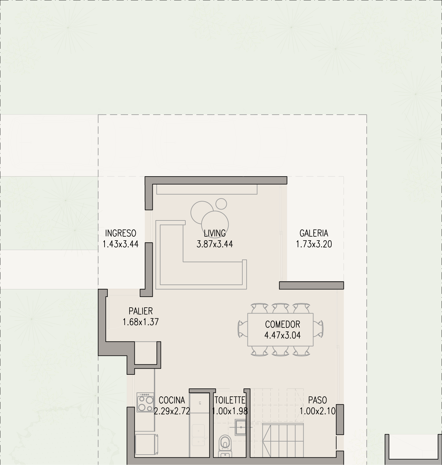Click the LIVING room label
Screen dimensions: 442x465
pos(215,233)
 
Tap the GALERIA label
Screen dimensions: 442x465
pos(314,233)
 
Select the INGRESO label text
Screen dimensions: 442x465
pos(121,233)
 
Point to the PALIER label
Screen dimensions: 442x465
pos(141,311)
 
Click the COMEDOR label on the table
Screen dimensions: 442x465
pos(283,324)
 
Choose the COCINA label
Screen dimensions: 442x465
pos(172,400)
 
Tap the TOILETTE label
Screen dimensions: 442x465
pos(230,400)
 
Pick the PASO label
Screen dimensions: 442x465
pos(318,400)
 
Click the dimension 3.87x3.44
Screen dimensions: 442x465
pos(215,244)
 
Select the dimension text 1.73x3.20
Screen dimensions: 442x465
pos(314,244)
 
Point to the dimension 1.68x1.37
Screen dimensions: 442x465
pos(141,322)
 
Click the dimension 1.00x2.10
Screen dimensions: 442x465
pos(318,411)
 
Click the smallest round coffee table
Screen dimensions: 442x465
pos(221,204)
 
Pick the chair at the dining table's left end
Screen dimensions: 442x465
pos(243,329)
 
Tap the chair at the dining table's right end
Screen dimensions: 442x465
pos(319,329)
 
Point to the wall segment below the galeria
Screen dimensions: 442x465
pos(312,285)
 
